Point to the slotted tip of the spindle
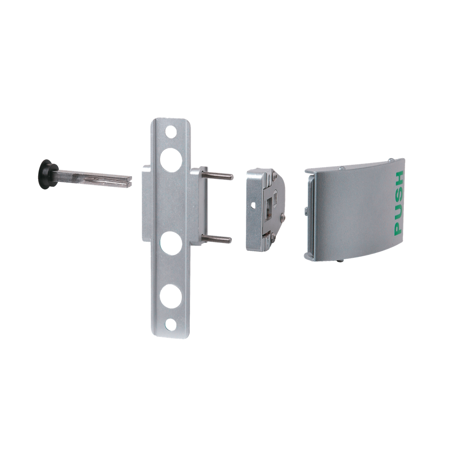pos(128,182)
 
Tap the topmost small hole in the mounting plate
pos(171,132)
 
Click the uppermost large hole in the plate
pos(171,160)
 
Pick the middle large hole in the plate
pos(171,243)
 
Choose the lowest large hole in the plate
pos(171,296)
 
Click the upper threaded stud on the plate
pos(218,175)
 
